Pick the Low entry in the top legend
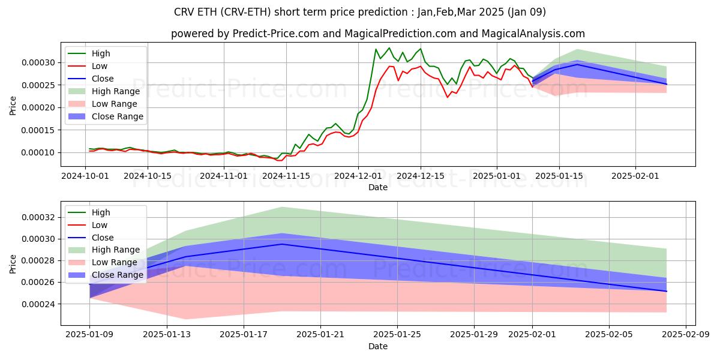[x=101, y=66]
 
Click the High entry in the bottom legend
[x=101, y=212]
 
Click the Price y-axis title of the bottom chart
[x=13, y=264]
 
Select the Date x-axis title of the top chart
[x=378, y=187]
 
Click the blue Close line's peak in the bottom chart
[x=282, y=244]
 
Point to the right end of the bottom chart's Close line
[x=667, y=291]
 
